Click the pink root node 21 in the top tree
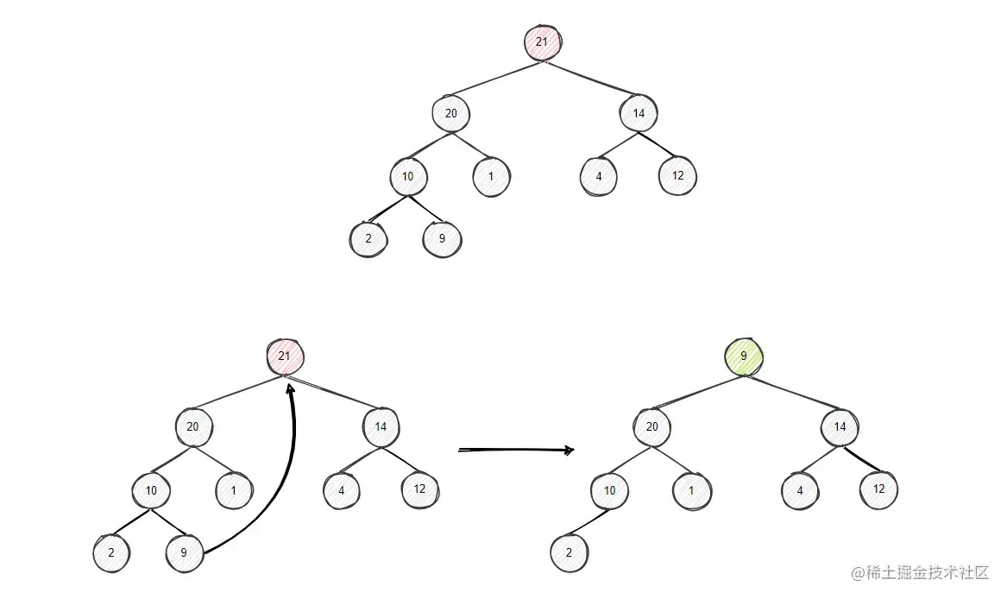coord(543,42)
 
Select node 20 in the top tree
coord(450,113)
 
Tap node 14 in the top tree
coord(638,113)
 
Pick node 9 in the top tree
coord(442,239)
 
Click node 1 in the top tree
coord(491,177)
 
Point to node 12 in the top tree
coord(677,176)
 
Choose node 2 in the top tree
coord(368,239)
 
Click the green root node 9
coord(743,356)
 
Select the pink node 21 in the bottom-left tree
coord(285,356)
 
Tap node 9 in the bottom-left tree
coord(185,553)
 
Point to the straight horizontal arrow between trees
coord(516,450)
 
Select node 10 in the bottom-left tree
coord(151,491)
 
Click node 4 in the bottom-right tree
coord(800,491)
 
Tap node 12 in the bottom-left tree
coord(420,489)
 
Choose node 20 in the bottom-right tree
coord(651,426)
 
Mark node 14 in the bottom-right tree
coord(840,426)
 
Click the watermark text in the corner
coord(920,573)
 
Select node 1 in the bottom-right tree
coord(693,491)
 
